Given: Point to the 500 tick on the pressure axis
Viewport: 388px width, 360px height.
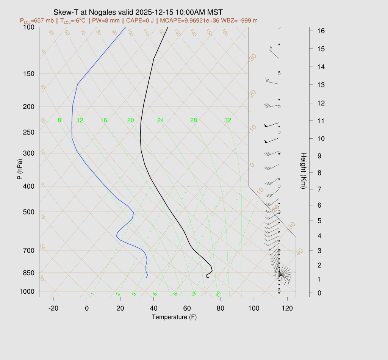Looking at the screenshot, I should [29, 212].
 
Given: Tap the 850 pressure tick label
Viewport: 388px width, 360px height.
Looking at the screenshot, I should [29, 273].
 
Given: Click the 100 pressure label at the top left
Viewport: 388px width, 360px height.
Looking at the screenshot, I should [29, 27].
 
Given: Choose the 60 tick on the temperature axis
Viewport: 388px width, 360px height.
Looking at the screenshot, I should [187, 308].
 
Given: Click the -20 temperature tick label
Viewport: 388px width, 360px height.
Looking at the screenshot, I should [53, 308].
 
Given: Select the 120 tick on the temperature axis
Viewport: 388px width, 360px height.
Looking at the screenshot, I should [287, 308].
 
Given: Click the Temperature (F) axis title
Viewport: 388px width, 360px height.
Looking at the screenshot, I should [174, 317].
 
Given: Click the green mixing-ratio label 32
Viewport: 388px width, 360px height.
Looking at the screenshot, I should [228, 121].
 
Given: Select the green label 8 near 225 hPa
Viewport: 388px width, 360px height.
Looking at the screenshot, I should [59, 121].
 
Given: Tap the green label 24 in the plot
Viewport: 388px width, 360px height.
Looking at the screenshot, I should [161, 121].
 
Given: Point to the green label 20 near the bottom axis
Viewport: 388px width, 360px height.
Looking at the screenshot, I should [218, 294].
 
